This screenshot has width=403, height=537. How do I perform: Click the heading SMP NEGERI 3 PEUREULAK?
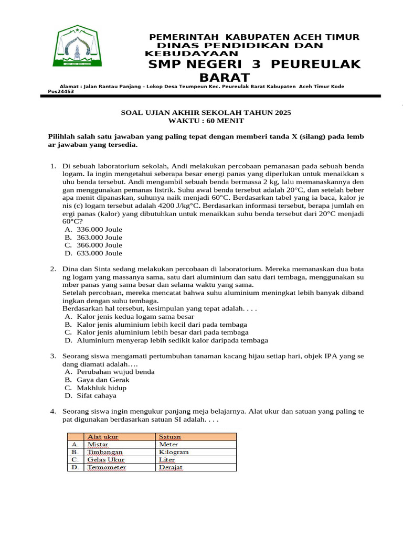pyautogui.click(x=255, y=65)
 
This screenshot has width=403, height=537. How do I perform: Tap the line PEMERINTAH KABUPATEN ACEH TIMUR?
pyautogui.click(x=254, y=37)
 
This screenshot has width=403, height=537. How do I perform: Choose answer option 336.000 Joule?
pyautogui.click(x=99, y=230)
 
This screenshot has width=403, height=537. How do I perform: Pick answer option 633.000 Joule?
pyautogui.click(x=99, y=253)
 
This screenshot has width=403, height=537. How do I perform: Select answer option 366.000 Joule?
pyautogui.click(x=99, y=245)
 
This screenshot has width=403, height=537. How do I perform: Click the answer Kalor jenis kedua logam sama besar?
pyautogui.click(x=135, y=317)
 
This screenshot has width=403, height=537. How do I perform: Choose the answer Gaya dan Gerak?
pyautogui.click(x=103, y=380)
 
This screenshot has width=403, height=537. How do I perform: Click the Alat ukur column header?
pyautogui.click(x=102, y=436)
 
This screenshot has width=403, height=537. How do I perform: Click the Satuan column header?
pyautogui.click(x=169, y=436)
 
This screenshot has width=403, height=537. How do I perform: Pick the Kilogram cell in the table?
pyautogui.click(x=174, y=452)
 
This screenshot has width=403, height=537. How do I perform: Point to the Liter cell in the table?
pyautogui.click(x=167, y=459)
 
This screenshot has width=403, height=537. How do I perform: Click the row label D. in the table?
pyautogui.click(x=76, y=467)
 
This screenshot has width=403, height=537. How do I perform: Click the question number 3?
pyautogui.click(x=53, y=356)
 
